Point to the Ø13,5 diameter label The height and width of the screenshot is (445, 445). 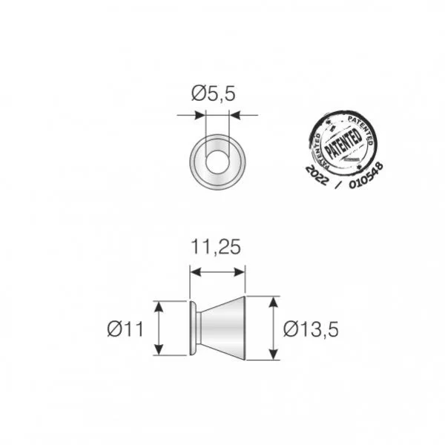[311, 329]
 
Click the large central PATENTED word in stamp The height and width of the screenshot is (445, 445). [343, 141]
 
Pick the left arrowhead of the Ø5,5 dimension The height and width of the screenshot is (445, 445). [200, 115]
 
